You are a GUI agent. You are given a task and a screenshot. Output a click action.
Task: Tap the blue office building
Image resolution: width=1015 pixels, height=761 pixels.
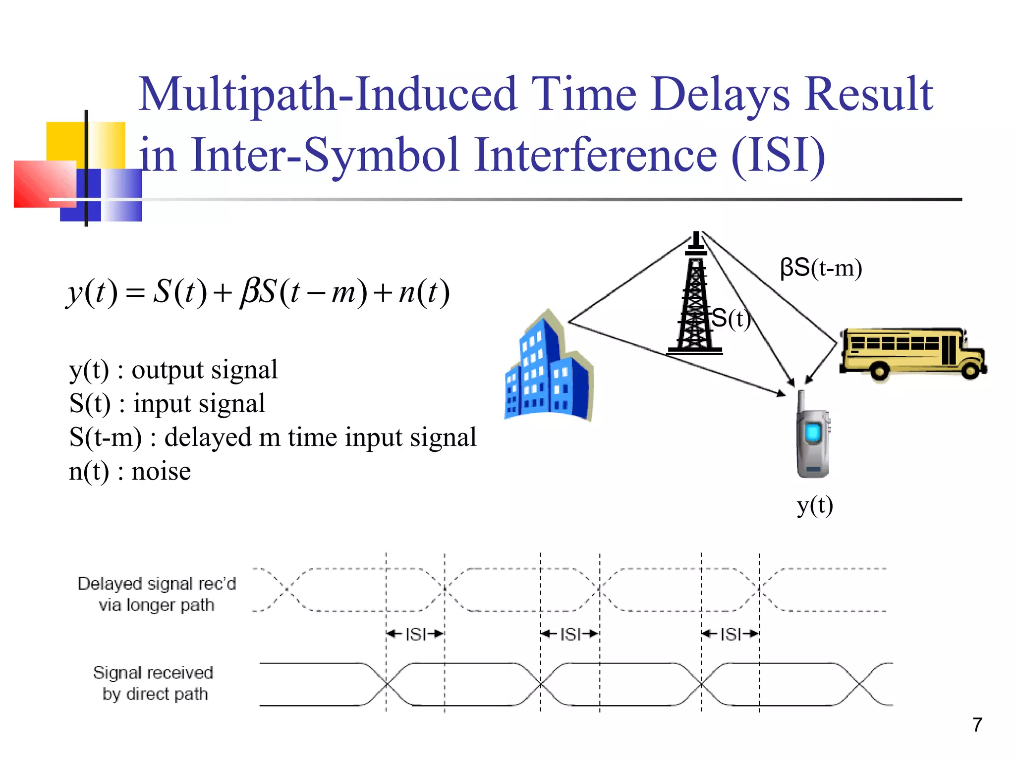click(548, 372)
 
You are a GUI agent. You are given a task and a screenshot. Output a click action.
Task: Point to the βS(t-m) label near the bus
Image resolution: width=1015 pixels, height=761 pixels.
click(820, 268)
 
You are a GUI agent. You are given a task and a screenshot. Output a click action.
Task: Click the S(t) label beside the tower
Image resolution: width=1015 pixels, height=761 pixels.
click(731, 319)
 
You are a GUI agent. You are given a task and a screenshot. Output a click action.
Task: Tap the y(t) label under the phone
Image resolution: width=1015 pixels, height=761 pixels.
click(814, 505)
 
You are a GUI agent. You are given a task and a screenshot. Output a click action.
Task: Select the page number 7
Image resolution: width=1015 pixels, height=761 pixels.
click(977, 725)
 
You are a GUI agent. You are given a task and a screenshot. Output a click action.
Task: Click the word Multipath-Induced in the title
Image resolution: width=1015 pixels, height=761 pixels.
click(327, 94)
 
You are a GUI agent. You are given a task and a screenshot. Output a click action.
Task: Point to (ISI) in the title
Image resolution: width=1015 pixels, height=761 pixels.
click(778, 155)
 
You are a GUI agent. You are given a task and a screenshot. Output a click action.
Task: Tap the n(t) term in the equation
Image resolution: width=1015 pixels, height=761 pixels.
click(424, 292)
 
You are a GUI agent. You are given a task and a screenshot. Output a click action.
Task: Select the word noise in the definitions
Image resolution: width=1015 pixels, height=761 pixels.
click(161, 471)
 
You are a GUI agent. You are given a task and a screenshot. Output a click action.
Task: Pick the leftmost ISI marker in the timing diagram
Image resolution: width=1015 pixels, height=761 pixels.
click(415, 634)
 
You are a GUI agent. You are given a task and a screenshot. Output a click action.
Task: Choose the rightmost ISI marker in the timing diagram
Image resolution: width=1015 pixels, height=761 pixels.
click(730, 634)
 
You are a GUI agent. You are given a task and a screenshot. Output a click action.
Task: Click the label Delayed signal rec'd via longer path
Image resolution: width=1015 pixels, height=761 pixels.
click(157, 594)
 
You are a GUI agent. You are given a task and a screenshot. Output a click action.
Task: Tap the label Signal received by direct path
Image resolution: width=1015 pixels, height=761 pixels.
click(154, 683)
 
